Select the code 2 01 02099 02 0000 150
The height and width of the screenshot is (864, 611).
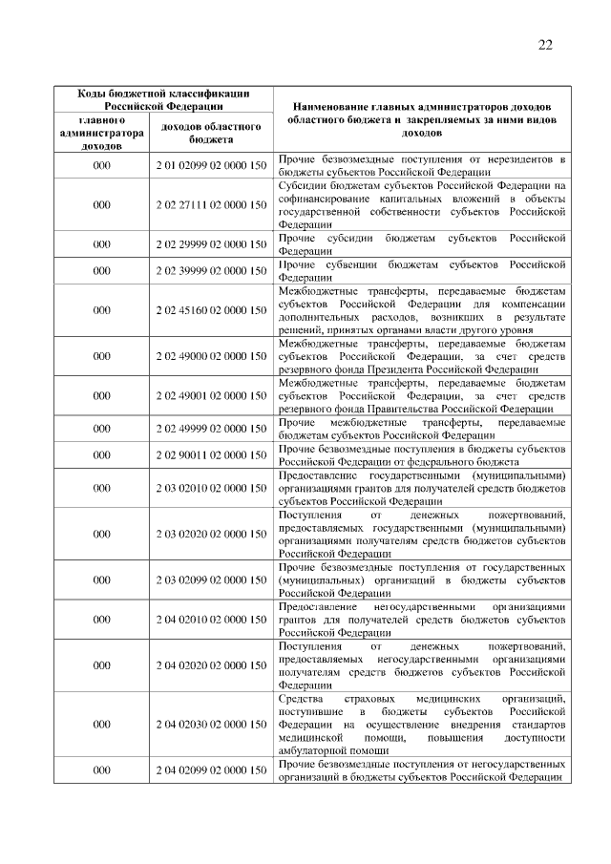click(211, 166)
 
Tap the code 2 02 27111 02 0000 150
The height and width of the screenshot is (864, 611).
click(211, 204)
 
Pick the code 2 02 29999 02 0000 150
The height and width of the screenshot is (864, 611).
click(211, 243)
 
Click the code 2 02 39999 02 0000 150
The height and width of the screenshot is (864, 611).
click(211, 271)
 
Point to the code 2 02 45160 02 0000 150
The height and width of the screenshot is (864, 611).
click(211, 310)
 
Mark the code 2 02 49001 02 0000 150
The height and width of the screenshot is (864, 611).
click(211, 395)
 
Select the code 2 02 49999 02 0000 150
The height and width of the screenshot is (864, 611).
click(211, 429)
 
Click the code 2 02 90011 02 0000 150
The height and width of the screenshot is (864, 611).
click(211, 455)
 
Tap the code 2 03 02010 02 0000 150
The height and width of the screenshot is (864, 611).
click(211, 488)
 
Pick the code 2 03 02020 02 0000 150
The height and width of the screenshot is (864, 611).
click(211, 534)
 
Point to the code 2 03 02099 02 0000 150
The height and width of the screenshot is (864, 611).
click(211, 580)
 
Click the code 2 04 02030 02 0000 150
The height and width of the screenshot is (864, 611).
click(211, 725)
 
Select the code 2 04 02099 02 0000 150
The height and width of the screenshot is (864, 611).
click(211, 769)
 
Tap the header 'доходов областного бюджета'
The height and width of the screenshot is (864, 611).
click(211, 134)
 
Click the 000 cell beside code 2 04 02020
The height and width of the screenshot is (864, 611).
click(101, 665)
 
